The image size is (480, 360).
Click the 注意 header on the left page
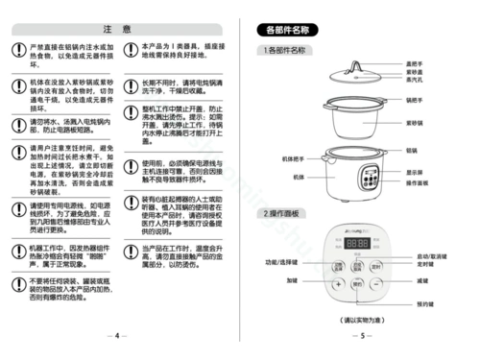(117, 31)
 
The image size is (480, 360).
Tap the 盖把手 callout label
(416, 63)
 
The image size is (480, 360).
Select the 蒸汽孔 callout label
(415, 81)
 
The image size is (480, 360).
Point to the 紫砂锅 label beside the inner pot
(415, 122)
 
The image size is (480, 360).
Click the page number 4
(116, 335)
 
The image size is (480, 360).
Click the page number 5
(362, 335)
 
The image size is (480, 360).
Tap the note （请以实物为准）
(361, 318)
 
